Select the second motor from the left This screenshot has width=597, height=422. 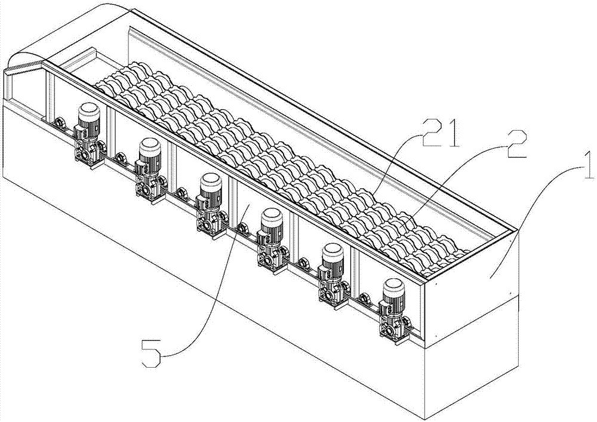[149, 155]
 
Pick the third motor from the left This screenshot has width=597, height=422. [210, 190]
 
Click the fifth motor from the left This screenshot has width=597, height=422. [332, 260]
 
